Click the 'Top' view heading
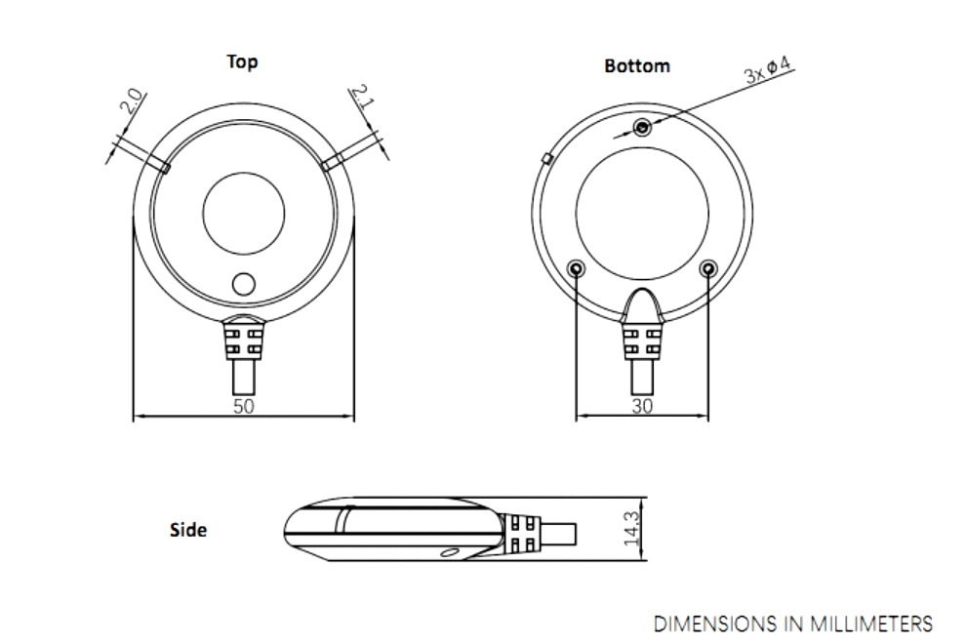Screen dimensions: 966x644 point(242,62)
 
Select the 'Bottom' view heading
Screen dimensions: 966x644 point(637,66)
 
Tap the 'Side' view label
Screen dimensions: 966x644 point(188,530)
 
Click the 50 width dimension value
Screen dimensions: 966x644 point(244,406)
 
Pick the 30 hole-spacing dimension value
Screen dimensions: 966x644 point(642,406)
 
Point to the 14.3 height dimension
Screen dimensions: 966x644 point(632,529)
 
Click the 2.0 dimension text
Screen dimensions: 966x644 point(132,101)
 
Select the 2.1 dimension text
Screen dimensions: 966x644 point(363,97)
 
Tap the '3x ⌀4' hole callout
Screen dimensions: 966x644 point(768,69)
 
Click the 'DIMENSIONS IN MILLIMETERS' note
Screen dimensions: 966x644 point(793,624)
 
